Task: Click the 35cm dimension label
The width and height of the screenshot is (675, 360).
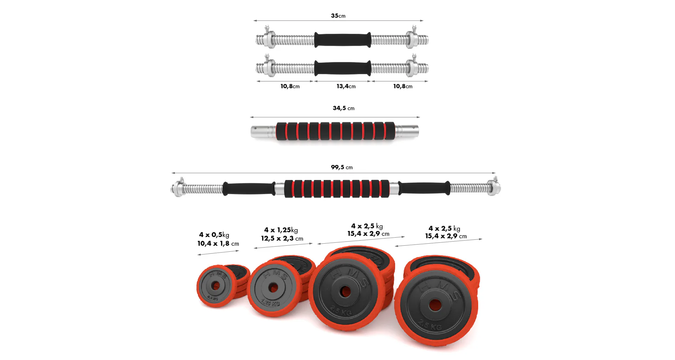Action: (x=338, y=16)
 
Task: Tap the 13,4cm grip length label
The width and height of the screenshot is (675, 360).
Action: (x=346, y=86)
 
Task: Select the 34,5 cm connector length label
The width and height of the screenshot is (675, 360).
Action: (x=343, y=108)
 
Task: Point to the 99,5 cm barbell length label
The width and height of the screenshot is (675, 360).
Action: (x=342, y=167)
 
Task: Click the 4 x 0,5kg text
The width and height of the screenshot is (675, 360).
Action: (x=214, y=235)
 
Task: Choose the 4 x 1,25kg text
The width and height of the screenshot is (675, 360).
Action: (x=281, y=230)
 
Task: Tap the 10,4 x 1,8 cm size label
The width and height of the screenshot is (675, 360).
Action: (x=218, y=244)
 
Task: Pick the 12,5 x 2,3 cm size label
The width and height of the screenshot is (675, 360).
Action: (x=282, y=238)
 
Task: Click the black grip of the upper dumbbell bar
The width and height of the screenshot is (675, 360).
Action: (x=342, y=40)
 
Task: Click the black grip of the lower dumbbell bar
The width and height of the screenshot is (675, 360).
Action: (x=342, y=68)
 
